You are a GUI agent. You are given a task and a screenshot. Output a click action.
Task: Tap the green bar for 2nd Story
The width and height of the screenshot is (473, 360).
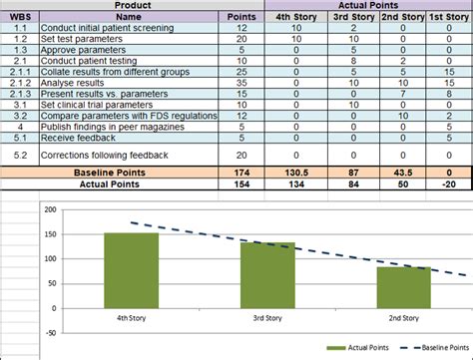(x=403, y=285)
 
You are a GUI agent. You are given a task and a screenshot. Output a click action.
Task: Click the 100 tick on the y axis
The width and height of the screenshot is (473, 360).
(x=47, y=258)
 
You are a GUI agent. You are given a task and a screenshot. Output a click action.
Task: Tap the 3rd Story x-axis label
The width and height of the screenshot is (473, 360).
(x=266, y=316)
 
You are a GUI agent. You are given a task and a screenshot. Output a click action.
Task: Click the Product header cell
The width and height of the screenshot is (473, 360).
(x=133, y=6)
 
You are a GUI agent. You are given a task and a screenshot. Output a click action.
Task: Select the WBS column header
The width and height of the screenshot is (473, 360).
(x=19, y=17)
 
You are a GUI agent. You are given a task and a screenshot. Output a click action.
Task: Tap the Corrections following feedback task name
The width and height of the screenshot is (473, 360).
(x=104, y=155)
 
